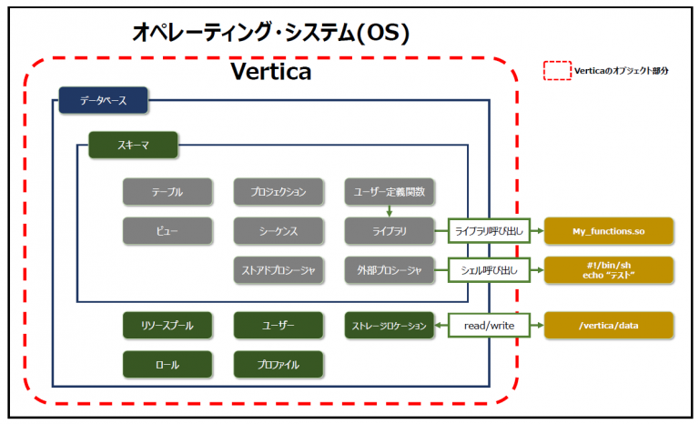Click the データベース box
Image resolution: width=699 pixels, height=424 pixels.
103,100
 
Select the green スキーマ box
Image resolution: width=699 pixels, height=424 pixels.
133,146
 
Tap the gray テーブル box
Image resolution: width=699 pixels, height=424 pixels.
167,192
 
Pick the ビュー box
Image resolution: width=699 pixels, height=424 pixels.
167,231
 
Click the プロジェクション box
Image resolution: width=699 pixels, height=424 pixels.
279,192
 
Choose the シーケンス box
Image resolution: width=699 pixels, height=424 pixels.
279,231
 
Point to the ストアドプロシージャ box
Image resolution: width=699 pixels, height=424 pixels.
279,270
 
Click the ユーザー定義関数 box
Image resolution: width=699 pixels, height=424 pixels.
390,192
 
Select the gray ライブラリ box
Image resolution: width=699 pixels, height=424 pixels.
390,231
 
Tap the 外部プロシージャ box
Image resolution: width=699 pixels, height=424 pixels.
390,270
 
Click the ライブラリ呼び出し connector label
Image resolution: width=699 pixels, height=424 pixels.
489,231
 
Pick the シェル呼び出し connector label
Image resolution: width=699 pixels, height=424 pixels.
489,270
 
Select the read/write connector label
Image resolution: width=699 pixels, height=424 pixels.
489,325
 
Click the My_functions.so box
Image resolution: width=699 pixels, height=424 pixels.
608,231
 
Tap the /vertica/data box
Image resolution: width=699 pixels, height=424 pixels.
608,325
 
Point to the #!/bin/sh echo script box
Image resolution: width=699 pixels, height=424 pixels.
608,270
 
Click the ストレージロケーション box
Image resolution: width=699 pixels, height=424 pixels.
390,325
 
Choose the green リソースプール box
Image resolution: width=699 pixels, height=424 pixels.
167,325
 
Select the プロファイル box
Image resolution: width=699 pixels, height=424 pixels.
279,364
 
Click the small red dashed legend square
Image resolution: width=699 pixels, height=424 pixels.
555,70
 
